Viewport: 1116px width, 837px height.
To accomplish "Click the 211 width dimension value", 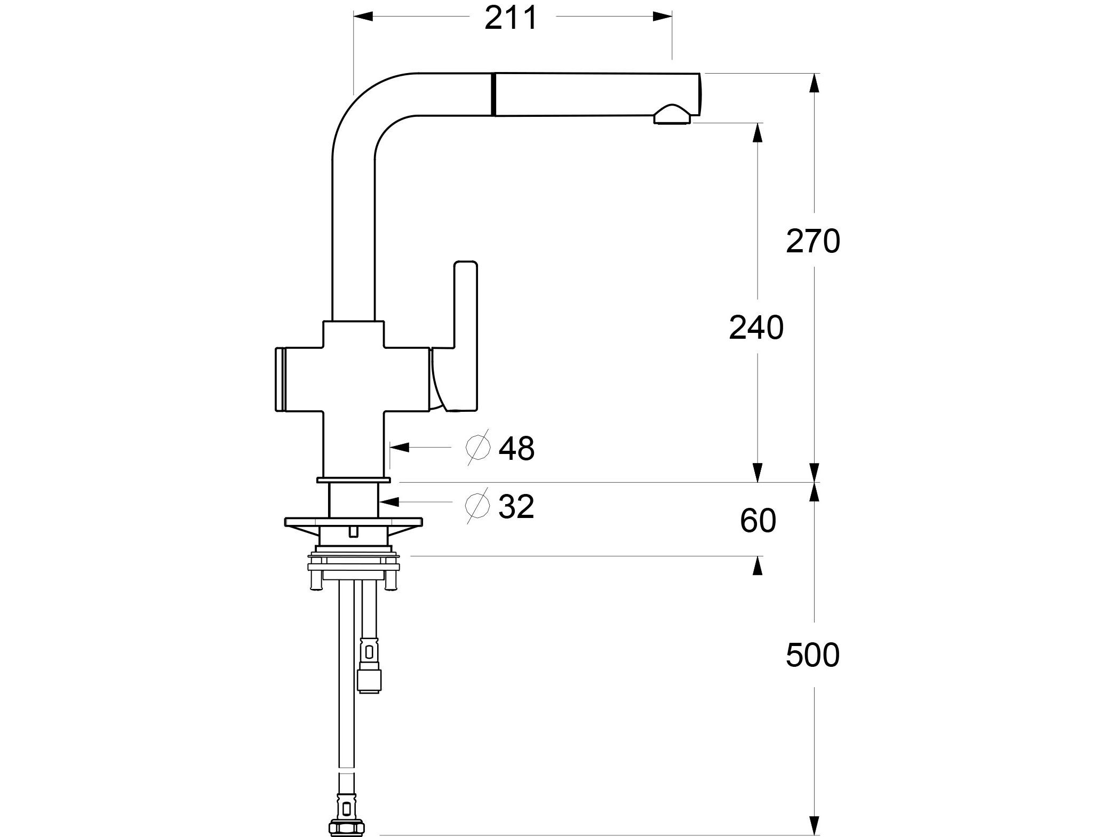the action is [511, 19].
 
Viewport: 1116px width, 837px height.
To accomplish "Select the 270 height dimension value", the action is [813, 241].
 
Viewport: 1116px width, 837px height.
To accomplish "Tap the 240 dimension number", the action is [756, 328].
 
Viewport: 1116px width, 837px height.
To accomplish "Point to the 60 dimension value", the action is [758, 521].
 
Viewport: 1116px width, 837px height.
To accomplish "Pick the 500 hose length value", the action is [812, 655].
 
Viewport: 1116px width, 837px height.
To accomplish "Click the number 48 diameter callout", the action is [516, 448].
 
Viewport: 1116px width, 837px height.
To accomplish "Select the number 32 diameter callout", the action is [516, 506].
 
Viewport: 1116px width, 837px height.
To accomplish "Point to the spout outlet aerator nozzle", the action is [672, 115].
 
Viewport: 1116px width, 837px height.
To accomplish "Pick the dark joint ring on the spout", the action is [495, 94].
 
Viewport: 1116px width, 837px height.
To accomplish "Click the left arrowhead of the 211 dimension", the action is [363, 17].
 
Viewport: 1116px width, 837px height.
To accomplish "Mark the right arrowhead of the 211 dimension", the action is [663, 17].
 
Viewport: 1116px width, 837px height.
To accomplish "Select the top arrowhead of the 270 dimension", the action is [814, 83].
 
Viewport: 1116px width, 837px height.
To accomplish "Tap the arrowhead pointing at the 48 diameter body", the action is [400, 447].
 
